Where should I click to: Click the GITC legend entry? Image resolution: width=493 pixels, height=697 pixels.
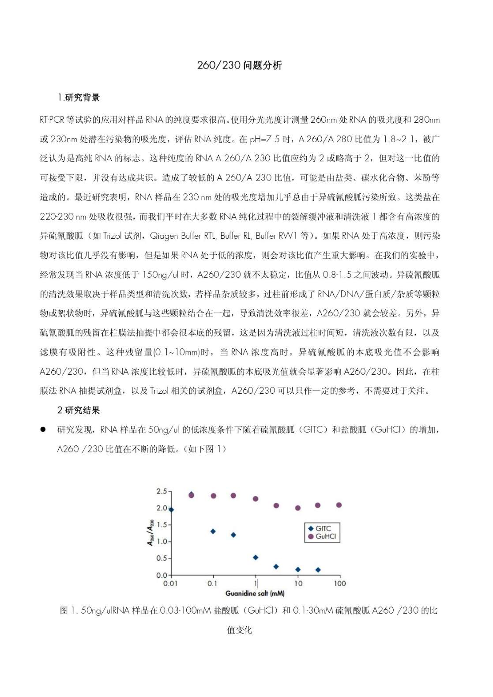[323, 528]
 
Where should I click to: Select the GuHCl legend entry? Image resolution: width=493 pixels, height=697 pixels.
[325, 536]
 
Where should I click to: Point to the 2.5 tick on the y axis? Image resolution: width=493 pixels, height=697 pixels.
[162, 491]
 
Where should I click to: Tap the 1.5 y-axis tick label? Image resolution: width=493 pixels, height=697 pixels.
[162, 525]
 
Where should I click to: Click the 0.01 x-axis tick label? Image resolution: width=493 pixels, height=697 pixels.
[170, 584]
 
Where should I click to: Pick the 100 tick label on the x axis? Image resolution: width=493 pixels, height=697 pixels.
[339, 584]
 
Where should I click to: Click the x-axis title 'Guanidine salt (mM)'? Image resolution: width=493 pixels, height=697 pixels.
[255, 593]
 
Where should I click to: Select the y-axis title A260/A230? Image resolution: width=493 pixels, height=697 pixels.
[151, 532]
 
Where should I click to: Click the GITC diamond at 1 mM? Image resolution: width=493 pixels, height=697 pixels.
[256, 558]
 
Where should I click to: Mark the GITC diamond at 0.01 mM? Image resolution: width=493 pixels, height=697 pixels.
[171, 510]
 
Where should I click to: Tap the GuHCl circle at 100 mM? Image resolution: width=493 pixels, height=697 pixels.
[339, 505]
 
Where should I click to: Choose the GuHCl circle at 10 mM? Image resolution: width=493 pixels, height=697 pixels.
[298, 508]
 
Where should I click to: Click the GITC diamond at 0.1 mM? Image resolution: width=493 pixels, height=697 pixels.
[213, 531]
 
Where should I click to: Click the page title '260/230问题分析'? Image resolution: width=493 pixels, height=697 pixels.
[239, 65]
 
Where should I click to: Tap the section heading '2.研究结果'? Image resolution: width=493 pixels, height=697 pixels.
[79, 410]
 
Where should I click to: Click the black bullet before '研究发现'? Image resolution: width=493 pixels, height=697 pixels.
[43, 430]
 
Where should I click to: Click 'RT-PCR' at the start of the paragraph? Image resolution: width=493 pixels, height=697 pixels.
[52, 120]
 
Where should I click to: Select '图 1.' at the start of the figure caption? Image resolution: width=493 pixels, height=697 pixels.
[69, 610]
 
